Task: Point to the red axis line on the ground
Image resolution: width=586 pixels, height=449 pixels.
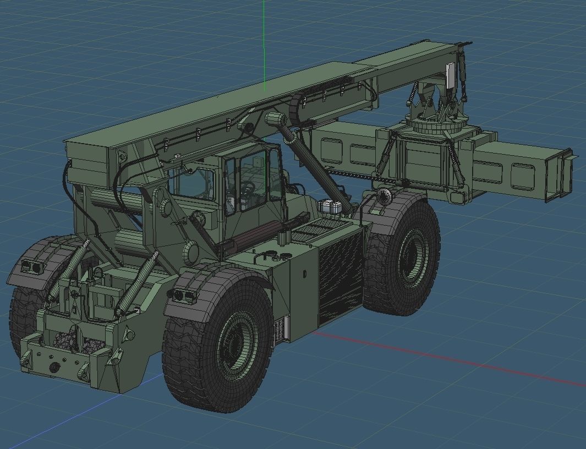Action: (468, 364)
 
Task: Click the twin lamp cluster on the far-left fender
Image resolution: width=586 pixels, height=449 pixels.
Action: (31, 267)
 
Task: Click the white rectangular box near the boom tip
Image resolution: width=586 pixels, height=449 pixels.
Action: (450, 75)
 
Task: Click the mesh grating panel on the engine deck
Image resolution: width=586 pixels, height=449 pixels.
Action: (311, 231)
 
